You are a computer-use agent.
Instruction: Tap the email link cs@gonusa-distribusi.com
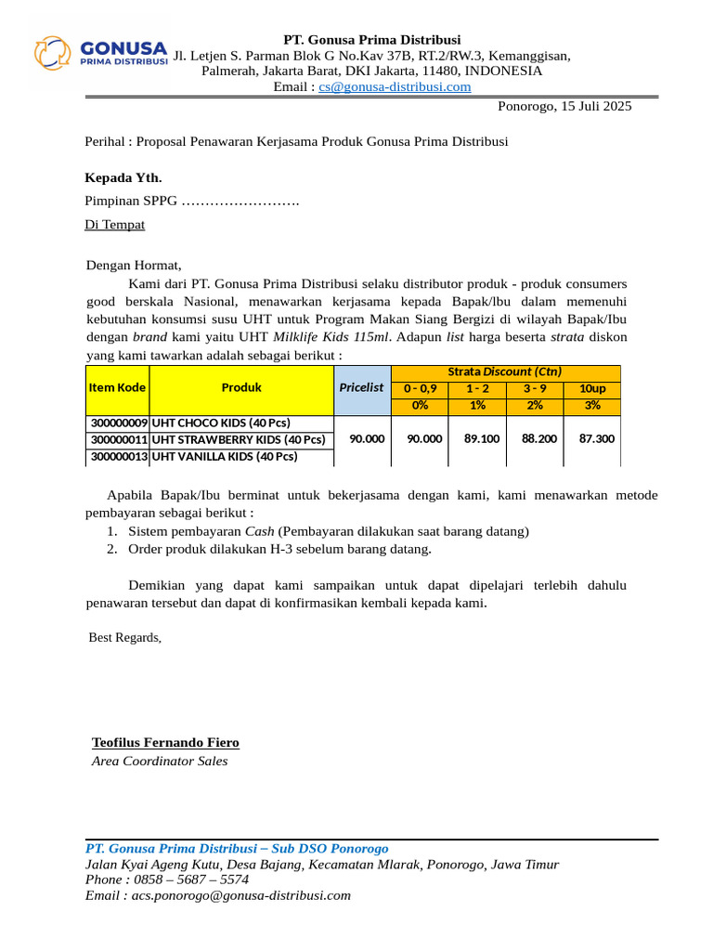coord(395,87)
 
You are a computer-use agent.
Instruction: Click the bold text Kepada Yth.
coord(123,177)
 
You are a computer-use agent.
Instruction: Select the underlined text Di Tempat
coord(115,225)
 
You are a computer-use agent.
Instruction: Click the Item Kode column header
coord(117,387)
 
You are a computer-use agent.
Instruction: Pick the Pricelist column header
coord(362,387)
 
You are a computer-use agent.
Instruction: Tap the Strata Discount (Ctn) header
coord(505,371)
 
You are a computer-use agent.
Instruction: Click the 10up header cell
coord(592,388)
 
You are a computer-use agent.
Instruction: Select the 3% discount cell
coord(592,405)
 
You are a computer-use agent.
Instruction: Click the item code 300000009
coord(119,423)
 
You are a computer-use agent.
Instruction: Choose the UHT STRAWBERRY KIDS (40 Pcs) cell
coord(239,439)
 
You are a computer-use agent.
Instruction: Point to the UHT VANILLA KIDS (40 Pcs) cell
coord(225,456)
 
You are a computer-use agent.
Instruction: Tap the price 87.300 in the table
coord(597,438)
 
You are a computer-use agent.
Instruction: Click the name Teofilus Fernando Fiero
coord(165,743)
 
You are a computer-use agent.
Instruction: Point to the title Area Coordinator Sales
coord(160,762)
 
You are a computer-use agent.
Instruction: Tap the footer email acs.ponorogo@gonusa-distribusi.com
coord(240,895)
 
